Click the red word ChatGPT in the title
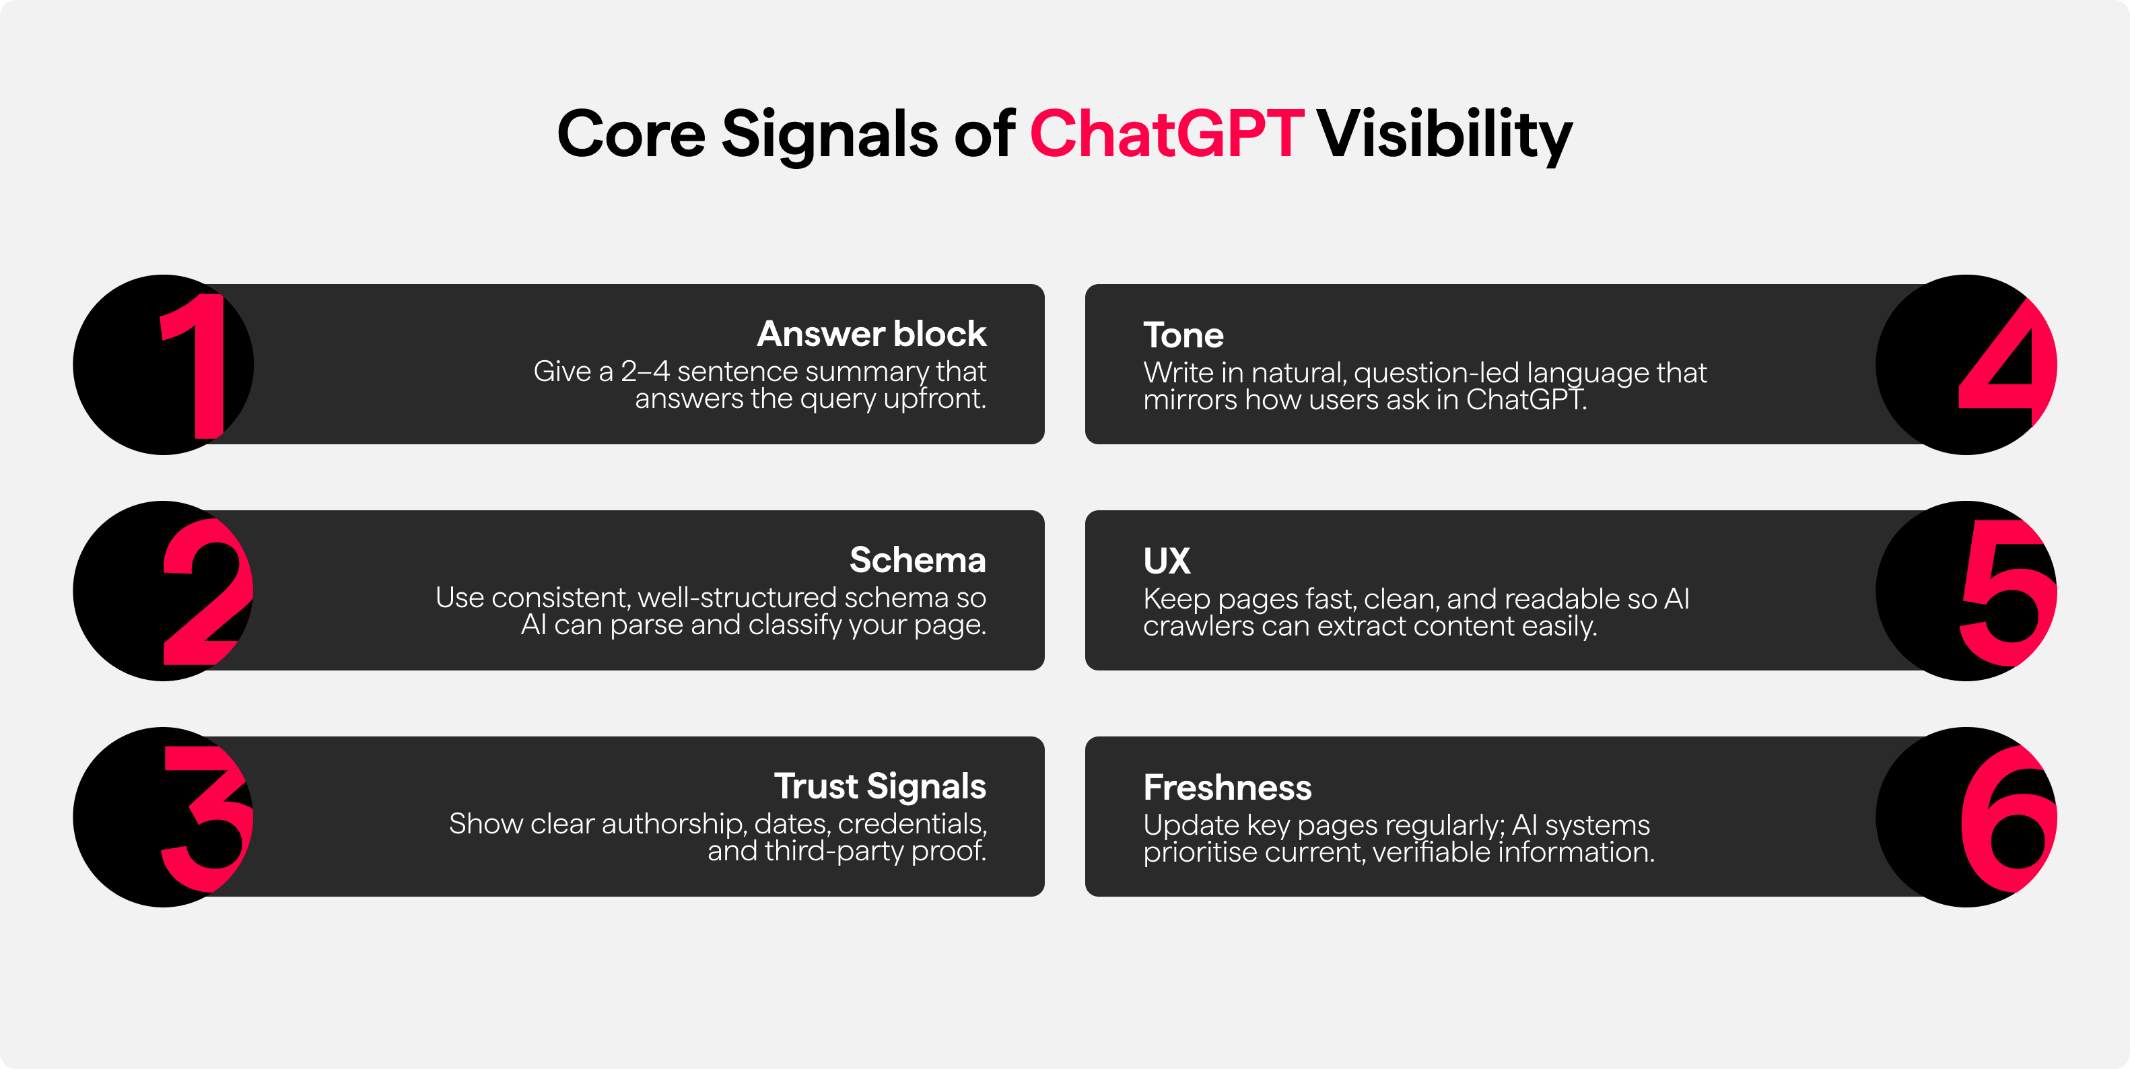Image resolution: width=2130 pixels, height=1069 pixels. coord(1167,133)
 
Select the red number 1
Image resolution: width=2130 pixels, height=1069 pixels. coord(195,366)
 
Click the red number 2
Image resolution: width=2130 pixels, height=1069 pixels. coord(207,591)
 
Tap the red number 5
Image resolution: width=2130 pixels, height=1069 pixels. coord(2008,592)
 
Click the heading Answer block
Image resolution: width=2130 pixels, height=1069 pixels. coord(872,334)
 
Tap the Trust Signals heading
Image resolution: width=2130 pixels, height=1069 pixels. coord(880,787)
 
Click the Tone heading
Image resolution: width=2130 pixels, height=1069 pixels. coord(1183,335)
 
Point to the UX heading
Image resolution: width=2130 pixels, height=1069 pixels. coord(1167,561)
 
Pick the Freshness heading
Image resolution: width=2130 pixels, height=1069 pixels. coord(1227,787)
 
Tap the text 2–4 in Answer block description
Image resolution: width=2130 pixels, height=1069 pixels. coord(645,371)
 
